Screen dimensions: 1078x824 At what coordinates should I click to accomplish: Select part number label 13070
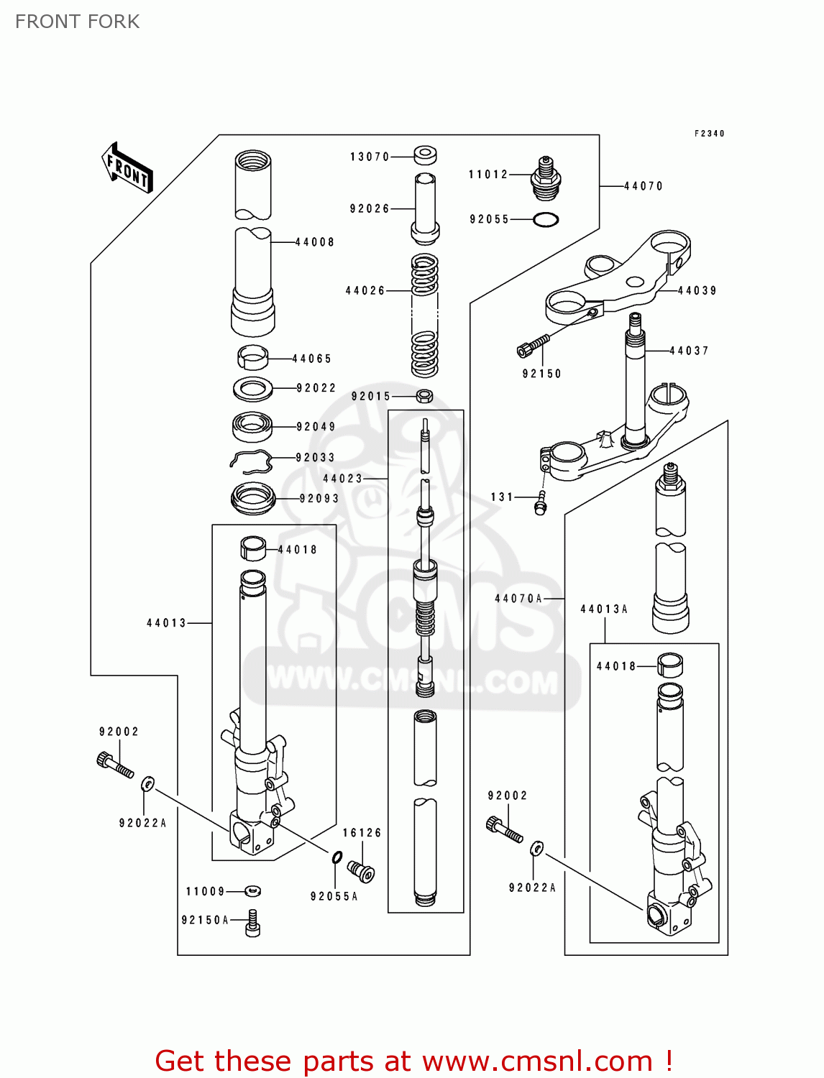(x=370, y=157)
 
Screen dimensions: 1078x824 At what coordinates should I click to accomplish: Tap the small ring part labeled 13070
(x=426, y=155)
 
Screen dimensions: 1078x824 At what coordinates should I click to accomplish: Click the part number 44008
(x=315, y=242)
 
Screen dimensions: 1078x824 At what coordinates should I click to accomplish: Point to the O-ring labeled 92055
(x=546, y=220)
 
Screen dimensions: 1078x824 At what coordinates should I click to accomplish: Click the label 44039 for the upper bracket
(x=697, y=290)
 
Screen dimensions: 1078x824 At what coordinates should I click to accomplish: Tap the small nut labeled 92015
(x=424, y=395)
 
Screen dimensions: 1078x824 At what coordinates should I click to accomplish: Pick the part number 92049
(x=316, y=426)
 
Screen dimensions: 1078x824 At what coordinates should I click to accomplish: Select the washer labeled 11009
(x=252, y=891)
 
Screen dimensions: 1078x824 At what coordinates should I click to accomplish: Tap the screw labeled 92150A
(x=252, y=923)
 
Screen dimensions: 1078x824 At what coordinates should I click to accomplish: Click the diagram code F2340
(x=709, y=134)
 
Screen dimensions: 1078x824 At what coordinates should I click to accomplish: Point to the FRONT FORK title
(x=77, y=22)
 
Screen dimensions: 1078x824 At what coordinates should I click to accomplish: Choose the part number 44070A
(x=518, y=598)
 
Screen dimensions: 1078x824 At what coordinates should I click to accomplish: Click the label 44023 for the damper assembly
(x=343, y=478)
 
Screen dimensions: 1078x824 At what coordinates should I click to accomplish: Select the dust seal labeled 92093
(x=253, y=498)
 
